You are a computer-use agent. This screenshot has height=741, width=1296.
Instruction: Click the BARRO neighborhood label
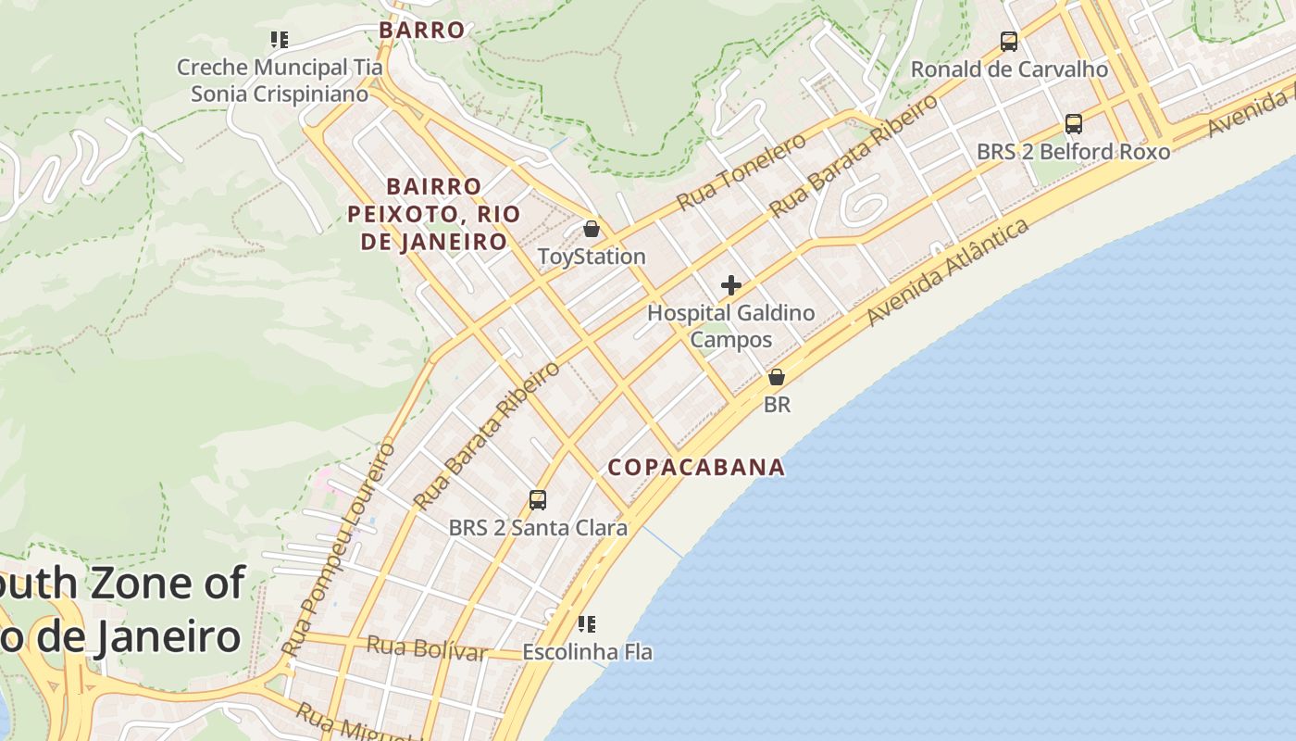pos(421,30)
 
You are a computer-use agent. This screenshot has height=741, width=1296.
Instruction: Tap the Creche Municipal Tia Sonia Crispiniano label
pos(279,81)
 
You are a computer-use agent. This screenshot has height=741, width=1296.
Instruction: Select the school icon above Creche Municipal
pos(279,40)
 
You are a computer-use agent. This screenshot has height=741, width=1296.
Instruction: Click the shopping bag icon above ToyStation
pos(592,228)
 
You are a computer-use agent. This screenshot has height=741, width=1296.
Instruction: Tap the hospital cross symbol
pos(731,284)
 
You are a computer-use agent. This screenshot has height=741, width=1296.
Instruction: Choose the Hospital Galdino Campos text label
pos(731,326)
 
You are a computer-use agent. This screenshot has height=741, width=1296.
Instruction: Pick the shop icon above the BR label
pos(777,377)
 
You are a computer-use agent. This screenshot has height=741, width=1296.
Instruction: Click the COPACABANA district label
pos(696,467)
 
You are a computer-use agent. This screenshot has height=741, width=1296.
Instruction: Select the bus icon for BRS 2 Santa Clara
pos(538,500)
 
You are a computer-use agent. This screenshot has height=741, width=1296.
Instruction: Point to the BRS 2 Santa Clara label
pos(538,528)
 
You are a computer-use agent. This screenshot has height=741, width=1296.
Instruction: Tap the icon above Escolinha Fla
pos(587,624)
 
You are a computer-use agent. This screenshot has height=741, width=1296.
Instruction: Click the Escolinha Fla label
pos(587,652)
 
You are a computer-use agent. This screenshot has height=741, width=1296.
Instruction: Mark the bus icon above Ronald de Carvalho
pos(1009,42)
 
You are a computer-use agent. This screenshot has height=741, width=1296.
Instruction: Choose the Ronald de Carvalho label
pos(1009,69)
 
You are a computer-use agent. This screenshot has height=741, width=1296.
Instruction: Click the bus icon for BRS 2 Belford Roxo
pos(1074,124)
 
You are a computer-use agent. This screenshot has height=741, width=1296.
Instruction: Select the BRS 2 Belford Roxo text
pos(1074,151)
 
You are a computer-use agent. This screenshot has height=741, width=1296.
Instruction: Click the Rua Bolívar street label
pos(427,648)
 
